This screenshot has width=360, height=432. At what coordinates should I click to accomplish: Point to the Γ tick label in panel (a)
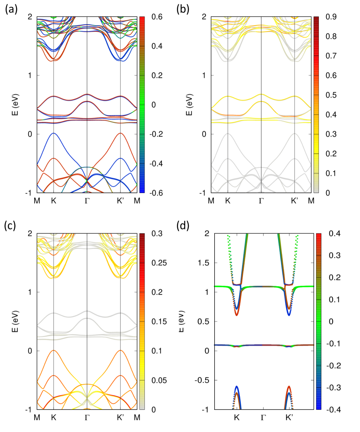(87, 201)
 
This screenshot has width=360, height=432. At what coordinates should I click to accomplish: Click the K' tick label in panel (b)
(295, 201)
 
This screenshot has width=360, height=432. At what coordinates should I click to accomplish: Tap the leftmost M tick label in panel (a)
(38, 201)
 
